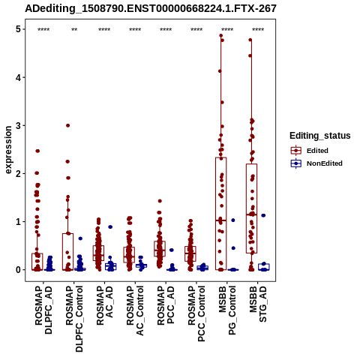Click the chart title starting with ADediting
coord(151,9)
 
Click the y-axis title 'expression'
coord(8,150)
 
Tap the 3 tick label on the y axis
coord(18,125)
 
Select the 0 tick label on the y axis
coord(18,270)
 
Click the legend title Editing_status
coord(320,136)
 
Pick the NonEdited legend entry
coord(316,163)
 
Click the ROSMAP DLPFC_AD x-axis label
coord(43,310)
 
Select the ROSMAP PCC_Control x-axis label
coord(196,313)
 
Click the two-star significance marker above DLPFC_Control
coord(74,30)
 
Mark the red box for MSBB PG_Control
coord(221,214)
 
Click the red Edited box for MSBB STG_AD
coord(251,208)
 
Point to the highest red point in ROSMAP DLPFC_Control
coord(67,125)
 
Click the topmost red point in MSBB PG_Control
coord(221,36)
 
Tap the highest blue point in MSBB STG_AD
coord(263,215)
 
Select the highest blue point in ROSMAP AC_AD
coord(110,227)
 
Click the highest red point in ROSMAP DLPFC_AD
coord(37,151)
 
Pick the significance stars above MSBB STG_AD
coord(258,30)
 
